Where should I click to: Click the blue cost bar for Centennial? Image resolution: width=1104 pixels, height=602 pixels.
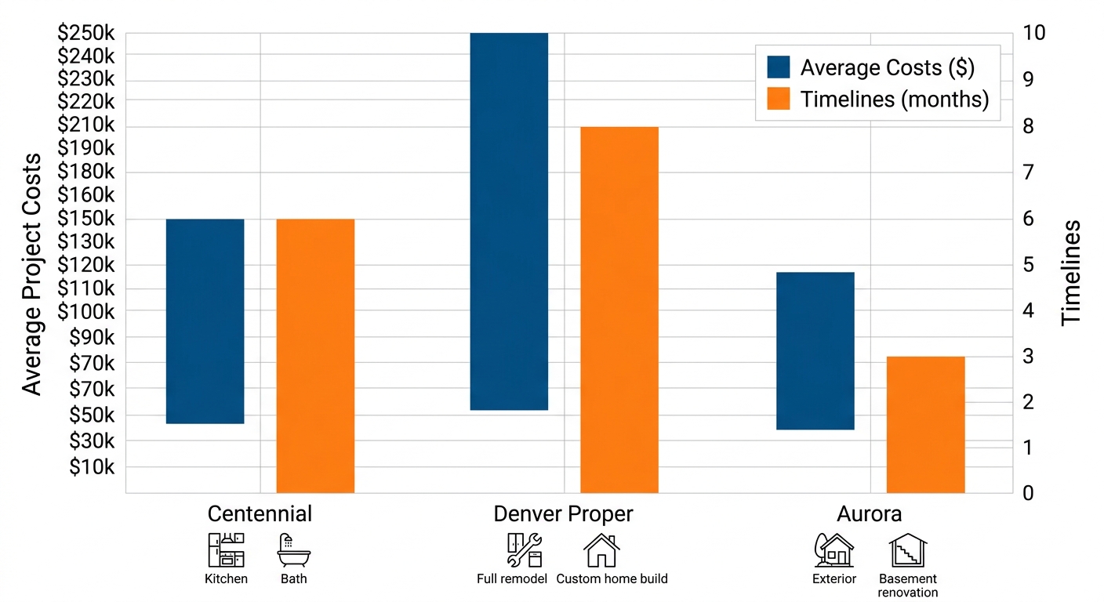coord(205,321)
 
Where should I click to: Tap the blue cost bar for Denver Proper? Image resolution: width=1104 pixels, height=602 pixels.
coord(508,221)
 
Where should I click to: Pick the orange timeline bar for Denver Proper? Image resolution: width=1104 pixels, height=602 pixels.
coord(619,310)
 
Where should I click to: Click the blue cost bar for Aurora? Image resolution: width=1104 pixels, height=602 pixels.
coord(815,350)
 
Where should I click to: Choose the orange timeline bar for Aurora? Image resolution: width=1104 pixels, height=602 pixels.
coord(925,424)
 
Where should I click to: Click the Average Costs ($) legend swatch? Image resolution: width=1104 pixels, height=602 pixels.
coord(779,67)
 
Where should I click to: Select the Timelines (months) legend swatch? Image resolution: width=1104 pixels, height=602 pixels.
coord(779,100)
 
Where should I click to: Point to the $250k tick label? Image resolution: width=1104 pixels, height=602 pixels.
coord(86,33)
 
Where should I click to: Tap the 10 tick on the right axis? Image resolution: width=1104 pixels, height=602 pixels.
coord(1034,33)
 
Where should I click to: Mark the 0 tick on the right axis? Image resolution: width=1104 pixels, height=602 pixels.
coord(1028,493)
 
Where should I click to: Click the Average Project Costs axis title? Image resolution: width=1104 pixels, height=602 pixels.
coord(31,274)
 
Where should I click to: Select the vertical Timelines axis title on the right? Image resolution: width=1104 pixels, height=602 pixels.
coord(1071,272)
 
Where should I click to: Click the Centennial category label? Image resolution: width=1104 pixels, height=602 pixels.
coord(260,514)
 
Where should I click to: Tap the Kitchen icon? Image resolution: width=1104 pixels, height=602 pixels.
coord(226,550)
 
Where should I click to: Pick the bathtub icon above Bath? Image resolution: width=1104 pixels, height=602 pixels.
coord(293,550)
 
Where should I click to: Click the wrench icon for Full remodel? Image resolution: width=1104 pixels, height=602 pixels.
coord(524,550)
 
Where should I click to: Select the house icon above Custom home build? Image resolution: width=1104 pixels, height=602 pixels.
coord(601,550)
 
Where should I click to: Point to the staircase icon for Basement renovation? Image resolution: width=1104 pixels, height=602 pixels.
coord(907,550)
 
